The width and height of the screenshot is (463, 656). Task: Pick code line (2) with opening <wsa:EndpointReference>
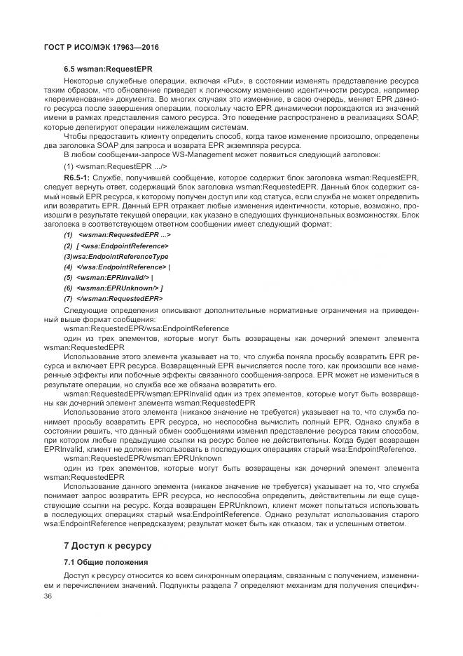[x=116, y=245]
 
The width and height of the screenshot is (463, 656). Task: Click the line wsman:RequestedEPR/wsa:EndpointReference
[x=146, y=328]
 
